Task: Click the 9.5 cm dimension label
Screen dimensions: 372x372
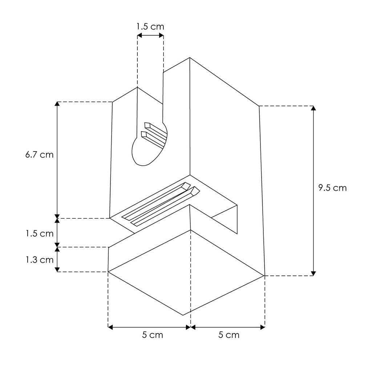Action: [332, 188]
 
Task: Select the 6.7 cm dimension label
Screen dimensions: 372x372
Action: [39, 155]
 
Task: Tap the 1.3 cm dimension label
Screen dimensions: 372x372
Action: [40, 260]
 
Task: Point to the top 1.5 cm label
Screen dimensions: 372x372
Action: [150, 26]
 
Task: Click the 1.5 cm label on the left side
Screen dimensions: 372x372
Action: [40, 234]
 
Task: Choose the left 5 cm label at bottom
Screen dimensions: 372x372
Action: [153, 335]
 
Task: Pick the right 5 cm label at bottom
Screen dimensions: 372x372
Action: [229, 335]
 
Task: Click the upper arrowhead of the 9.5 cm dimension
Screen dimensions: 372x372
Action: [314, 108]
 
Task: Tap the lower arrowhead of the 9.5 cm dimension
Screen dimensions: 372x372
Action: [314, 273]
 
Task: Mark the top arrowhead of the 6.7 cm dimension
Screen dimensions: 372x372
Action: [57, 104]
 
